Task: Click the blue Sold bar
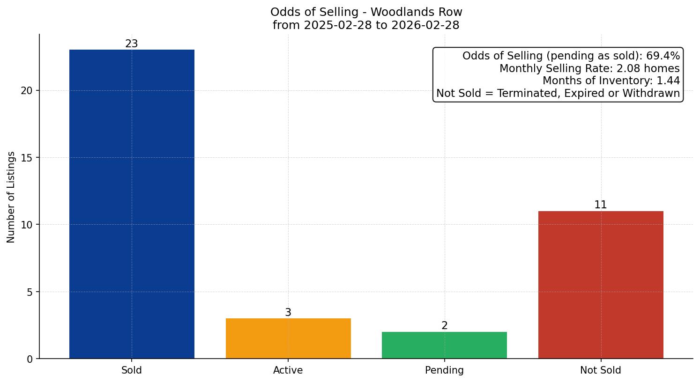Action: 132,204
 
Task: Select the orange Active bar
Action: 288,338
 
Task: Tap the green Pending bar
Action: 444,345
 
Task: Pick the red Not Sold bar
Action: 601,285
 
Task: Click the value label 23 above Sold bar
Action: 132,44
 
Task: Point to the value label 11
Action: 601,205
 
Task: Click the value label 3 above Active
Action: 288,313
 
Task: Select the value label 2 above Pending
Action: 444,326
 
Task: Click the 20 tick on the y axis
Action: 27,91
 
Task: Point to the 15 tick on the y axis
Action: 27,158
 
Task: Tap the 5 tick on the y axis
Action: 30,292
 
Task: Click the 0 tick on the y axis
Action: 30,359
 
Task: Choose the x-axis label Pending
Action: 444,370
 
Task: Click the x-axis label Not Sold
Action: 601,370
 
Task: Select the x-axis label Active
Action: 288,370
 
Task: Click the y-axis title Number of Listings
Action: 11,197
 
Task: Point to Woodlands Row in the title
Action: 417,12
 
